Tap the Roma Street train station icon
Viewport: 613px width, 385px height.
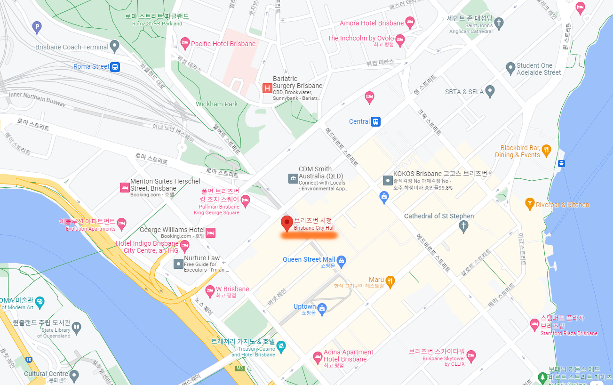(x=115, y=67)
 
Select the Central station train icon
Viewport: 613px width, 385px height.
(x=375, y=121)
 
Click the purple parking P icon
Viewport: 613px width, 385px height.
(x=37, y=27)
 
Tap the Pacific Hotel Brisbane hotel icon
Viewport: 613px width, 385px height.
(x=185, y=44)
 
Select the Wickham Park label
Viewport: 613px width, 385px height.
(x=217, y=104)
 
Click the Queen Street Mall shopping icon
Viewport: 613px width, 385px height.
(x=342, y=260)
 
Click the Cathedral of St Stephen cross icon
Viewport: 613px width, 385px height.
(x=463, y=226)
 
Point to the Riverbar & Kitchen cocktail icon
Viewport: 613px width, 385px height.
(x=530, y=204)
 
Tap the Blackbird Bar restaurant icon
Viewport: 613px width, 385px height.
(x=546, y=150)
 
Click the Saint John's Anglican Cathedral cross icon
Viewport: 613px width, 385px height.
(x=499, y=22)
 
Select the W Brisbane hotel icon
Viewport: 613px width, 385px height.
(x=210, y=290)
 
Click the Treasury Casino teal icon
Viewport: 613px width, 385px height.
(x=281, y=347)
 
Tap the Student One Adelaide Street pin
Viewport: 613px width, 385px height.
(x=510, y=68)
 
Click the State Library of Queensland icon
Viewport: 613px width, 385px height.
(x=76, y=327)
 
